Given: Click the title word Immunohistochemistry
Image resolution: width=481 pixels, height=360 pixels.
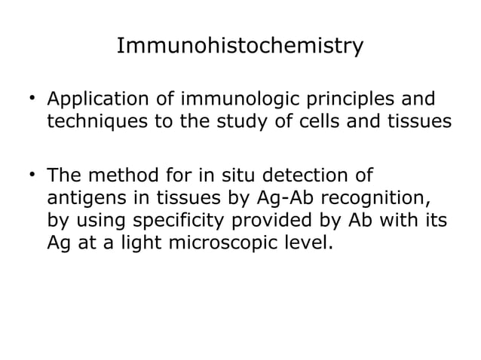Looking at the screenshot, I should point(240,47).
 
